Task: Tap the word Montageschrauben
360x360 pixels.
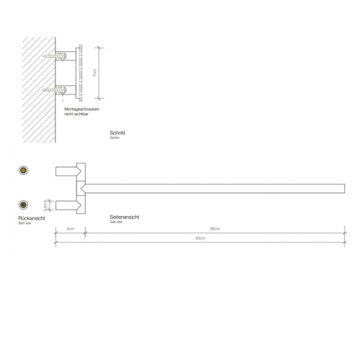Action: [x=79, y=108]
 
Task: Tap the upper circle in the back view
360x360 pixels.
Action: [x=23, y=171]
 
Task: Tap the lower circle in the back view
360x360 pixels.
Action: [x=23, y=204]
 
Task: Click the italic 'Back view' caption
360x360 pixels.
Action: [x=25, y=224]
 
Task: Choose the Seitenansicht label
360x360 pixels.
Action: [x=125, y=217]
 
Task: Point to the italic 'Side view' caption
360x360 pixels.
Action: [x=117, y=222]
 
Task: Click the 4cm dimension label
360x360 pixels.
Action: [x=71, y=229]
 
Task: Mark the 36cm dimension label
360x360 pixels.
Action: [x=215, y=229]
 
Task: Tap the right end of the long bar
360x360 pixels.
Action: [x=342, y=188]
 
